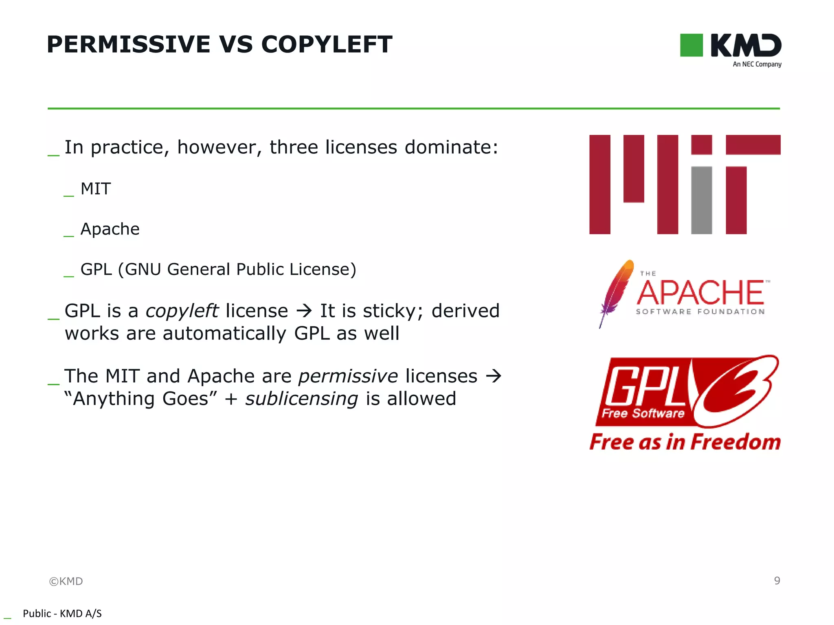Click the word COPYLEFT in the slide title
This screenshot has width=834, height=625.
point(327,44)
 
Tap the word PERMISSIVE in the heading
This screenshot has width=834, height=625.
point(129,44)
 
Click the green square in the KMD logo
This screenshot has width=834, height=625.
point(691,45)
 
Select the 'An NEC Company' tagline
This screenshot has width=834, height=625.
point(757,64)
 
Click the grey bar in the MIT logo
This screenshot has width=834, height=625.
point(701,200)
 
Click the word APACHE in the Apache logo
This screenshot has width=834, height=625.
point(700,293)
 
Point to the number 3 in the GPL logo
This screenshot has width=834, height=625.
point(737,391)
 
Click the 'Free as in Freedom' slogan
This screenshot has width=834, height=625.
point(685,442)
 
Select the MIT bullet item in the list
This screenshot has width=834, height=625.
point(96,189)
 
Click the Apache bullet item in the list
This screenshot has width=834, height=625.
point(110,229)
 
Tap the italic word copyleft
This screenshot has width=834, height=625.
point(182,311)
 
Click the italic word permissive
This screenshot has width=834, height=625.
point(348,376)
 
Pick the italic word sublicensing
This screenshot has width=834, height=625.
point(301,399)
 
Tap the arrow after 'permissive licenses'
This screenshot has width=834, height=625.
point(493,376)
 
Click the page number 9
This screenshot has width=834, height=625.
point(777,581)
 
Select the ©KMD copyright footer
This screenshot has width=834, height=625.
point(66,581)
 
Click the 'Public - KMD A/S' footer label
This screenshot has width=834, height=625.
point(62,614)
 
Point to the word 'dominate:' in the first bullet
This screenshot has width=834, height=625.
point(451,147)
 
